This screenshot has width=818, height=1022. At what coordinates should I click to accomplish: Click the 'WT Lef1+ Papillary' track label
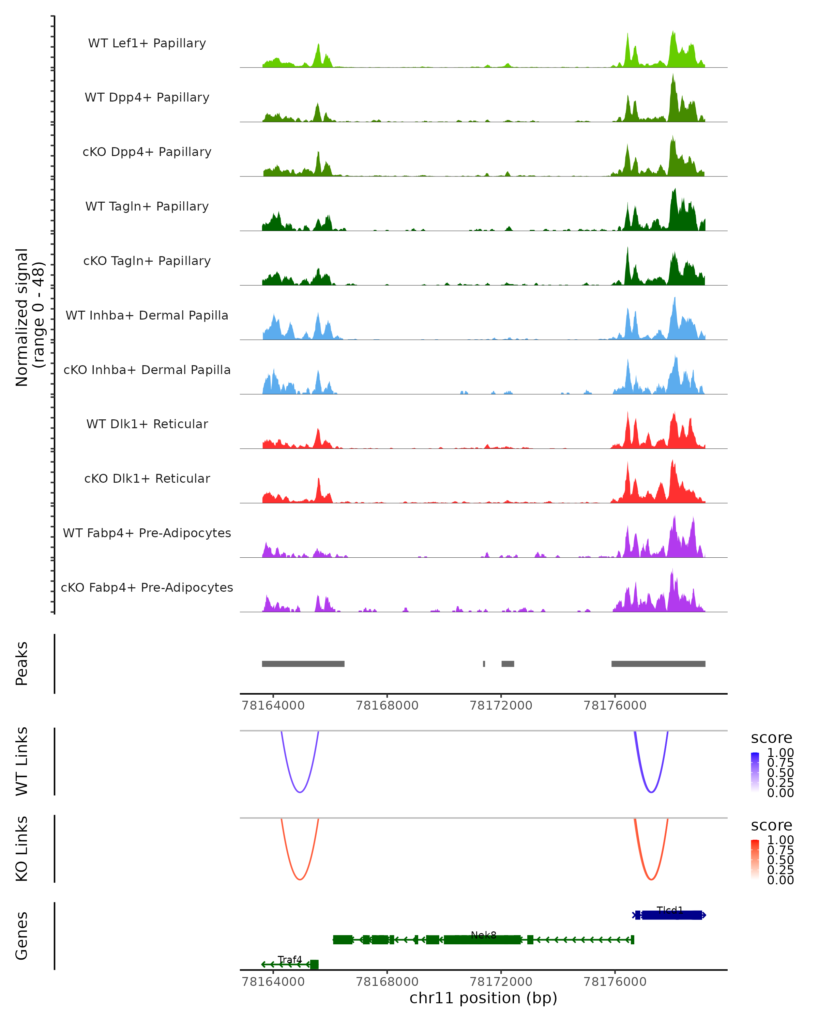click(x=147, y=43)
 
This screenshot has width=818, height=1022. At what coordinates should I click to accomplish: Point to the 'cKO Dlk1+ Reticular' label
click(x=147, y=478)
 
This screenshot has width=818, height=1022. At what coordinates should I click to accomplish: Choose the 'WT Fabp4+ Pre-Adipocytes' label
click(x=147, y=533)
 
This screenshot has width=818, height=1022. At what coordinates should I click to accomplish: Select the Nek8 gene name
click(x=483, y=935)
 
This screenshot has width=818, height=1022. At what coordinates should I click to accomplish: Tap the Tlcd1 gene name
click(x=670, y=910)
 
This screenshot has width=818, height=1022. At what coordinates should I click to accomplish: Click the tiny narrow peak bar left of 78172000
click(x=484, y=664)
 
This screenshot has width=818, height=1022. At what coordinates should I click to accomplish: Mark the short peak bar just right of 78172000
click(x=508, y=664)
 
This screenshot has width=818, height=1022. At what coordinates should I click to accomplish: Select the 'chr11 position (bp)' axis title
click(x=483, y=998)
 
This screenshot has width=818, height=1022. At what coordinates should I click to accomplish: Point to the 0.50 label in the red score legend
click(x=780, y=860)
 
